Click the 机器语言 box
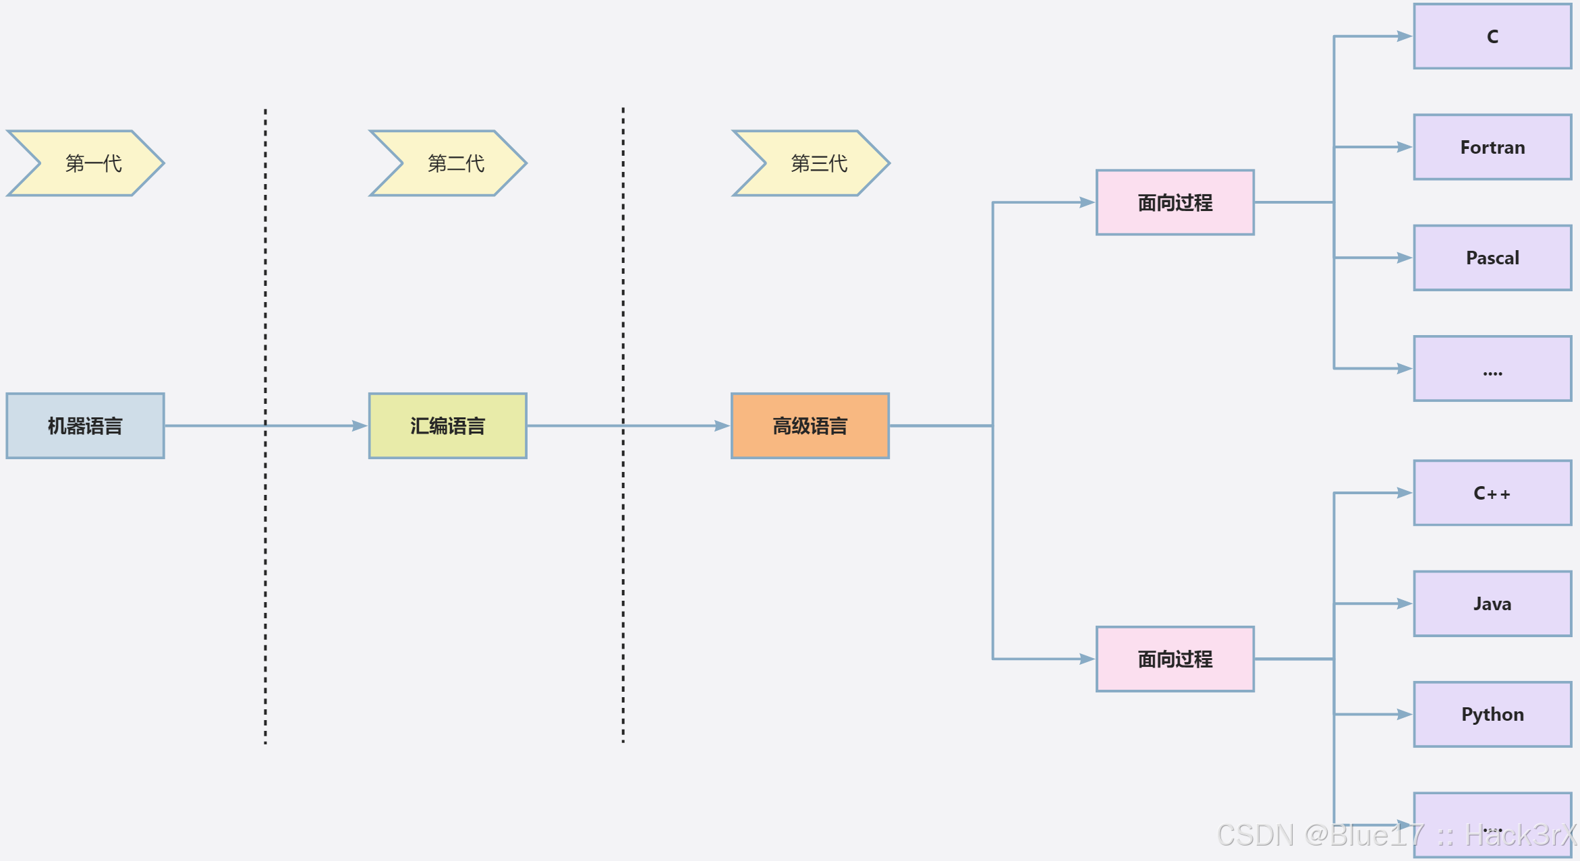coord(85,426)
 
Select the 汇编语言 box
coord(447,426)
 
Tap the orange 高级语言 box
coord(810,426)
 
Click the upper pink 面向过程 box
coord(1175,202)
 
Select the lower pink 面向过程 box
coord(1175,659)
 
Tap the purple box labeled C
coord(1492,36)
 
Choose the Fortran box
coord(1492,147)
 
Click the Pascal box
coord(1492,258)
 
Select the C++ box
coord(1492,493)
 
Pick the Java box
coord(1492,603)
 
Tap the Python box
coord(1492,714)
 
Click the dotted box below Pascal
coord(1492,368)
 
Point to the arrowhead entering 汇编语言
coord(360,426)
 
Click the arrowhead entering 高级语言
coord(723,426)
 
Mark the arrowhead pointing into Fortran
coord(1405,147)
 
